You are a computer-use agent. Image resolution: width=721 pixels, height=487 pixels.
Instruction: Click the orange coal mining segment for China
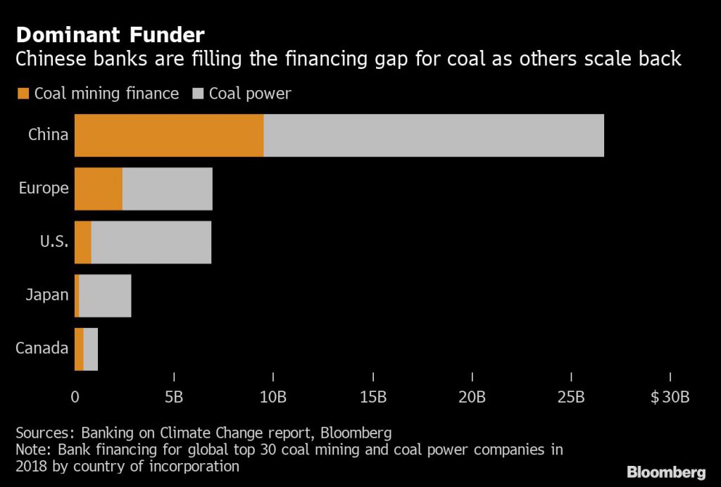169,135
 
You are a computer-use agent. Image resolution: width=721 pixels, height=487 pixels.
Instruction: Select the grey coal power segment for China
434,135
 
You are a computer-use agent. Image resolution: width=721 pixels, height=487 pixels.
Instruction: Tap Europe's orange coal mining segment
99,189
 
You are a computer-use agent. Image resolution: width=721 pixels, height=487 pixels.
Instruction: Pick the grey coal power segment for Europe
168,189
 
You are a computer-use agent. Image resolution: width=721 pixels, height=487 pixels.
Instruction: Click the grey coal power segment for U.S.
151,242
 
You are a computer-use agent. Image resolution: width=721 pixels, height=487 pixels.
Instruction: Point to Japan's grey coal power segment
105,296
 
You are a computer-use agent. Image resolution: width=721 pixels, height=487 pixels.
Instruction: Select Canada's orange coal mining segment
79,349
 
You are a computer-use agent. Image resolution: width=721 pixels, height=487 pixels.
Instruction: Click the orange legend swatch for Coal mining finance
23,94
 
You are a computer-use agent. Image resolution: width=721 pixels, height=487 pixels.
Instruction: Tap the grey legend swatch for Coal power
197,94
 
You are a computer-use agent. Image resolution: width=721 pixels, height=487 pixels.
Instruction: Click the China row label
48,134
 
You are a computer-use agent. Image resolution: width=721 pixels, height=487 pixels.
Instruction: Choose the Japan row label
46,295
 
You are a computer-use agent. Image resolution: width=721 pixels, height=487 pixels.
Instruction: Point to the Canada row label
42,348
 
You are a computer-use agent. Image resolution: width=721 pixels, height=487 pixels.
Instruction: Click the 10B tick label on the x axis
273,397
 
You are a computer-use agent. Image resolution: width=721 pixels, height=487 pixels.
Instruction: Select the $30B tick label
670,397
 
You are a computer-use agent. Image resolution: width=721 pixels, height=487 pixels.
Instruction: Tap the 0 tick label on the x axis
75,397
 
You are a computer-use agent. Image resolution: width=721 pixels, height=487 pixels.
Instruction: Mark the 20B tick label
472,397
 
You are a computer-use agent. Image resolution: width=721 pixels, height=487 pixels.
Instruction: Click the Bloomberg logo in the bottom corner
666,472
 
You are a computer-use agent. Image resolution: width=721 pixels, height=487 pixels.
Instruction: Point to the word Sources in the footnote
44,432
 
